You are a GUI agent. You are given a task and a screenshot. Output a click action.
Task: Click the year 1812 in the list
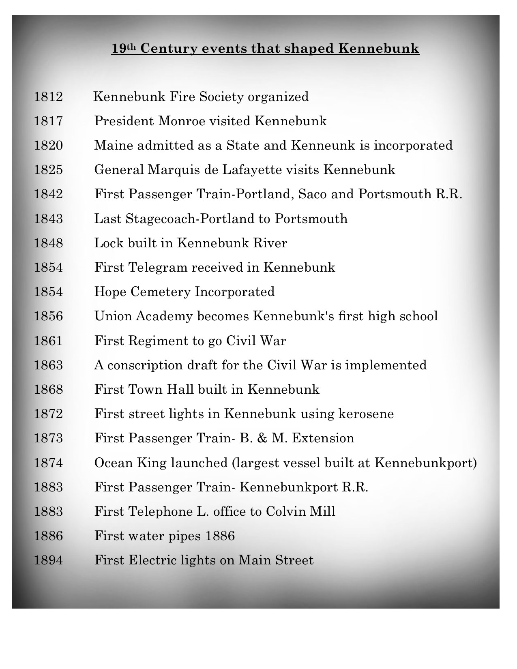[x=48, y=97]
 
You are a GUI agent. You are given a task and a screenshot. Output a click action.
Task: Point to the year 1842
[x=48, y=194]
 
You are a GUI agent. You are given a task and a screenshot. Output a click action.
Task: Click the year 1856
[x=48, y=316]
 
